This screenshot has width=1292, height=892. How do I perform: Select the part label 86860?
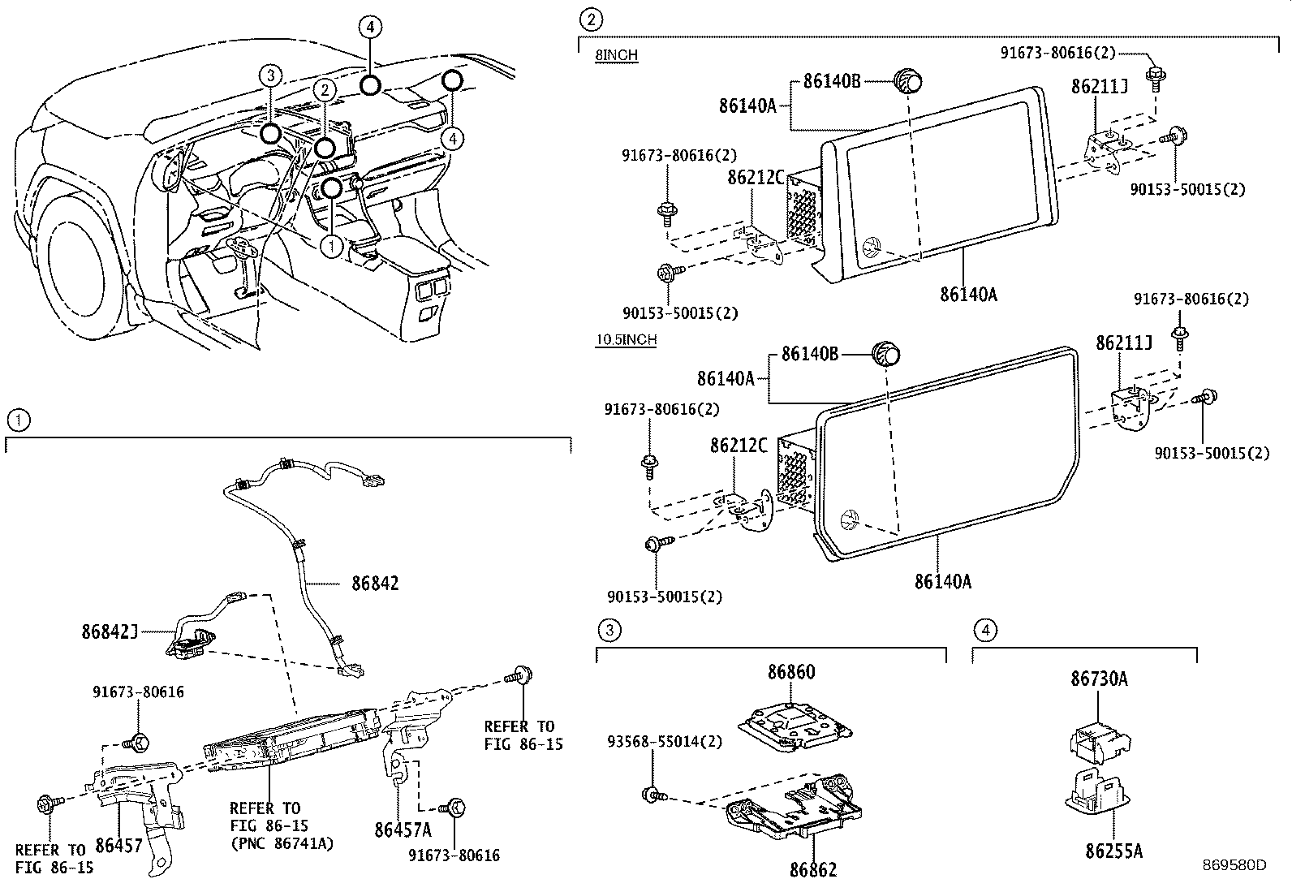(x=791, y=672)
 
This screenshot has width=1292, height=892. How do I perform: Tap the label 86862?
(x=812, y=869)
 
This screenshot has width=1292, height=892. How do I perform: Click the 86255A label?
(x=1113, y=851)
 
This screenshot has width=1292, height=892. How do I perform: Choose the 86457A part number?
(x=403, y=830)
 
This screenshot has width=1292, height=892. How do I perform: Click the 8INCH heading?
(x=616, y=55)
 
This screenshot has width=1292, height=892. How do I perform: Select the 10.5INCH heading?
(x=626, y=339)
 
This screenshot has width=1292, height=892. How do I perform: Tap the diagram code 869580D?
(x=1234, y=865)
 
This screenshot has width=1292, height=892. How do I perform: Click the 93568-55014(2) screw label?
(x=663, y=741)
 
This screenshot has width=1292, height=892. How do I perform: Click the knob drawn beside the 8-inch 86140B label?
(x=909, y=81)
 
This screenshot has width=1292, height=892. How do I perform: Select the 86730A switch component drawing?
(x=1100, y=738)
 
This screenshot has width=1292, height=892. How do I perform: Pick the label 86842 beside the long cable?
(x=375, y=583)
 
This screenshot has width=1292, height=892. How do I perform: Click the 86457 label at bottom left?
(x=119, y=846)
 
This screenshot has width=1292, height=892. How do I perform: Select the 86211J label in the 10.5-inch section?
(x=1124, y=343)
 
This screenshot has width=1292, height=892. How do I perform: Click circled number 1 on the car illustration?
(x=332, y=245)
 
